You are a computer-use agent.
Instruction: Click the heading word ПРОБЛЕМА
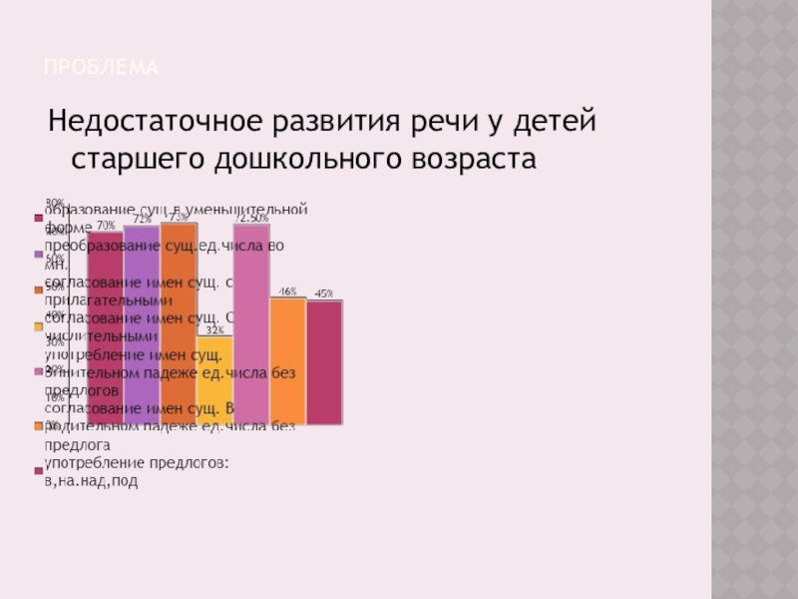point(102,68)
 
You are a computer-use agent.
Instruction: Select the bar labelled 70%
point(105,329)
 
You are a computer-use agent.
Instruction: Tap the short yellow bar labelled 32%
point(214,379)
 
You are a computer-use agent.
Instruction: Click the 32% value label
point(214,329)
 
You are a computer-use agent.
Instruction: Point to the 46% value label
point(287,292)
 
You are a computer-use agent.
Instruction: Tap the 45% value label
point(324,294)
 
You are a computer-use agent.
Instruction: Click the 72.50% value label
point(251,218)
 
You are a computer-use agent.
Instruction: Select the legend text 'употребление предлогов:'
point(138,463)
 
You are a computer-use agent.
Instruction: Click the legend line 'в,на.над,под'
point(92,480)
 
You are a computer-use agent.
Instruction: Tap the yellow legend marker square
point(39,326)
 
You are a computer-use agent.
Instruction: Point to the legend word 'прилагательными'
point(108,300)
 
